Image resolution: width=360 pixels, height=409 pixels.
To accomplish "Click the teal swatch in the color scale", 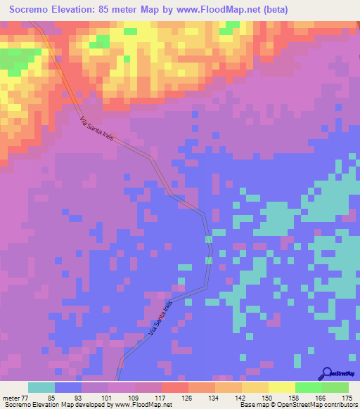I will [x=41, y=387].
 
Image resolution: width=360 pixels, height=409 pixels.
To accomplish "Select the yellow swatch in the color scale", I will [x=282, y=387].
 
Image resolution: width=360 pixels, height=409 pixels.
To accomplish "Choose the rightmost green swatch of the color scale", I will [x=335, y=387].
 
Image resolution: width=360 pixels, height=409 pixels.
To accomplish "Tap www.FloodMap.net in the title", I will [x=212, y=10].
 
